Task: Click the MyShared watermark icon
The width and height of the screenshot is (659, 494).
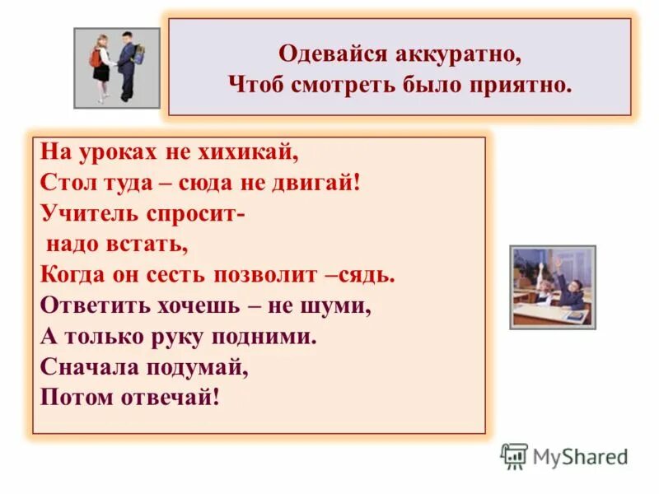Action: pyautogui.click(x=514, y=456)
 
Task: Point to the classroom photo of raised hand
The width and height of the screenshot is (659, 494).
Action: pyautogui.click(x=552, y=287)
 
